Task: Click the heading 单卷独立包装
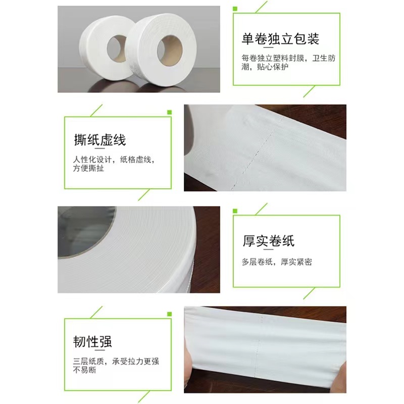coord(280,39)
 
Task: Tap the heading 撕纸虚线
coord(100,139)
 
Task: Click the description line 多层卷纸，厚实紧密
coord(277,262)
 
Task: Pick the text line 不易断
coord(85,370)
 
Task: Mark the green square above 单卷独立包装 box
coord(235,9)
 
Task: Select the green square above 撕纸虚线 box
coord(169,112)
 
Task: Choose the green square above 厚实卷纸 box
coord(235,210)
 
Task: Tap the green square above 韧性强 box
coord(169,314)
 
